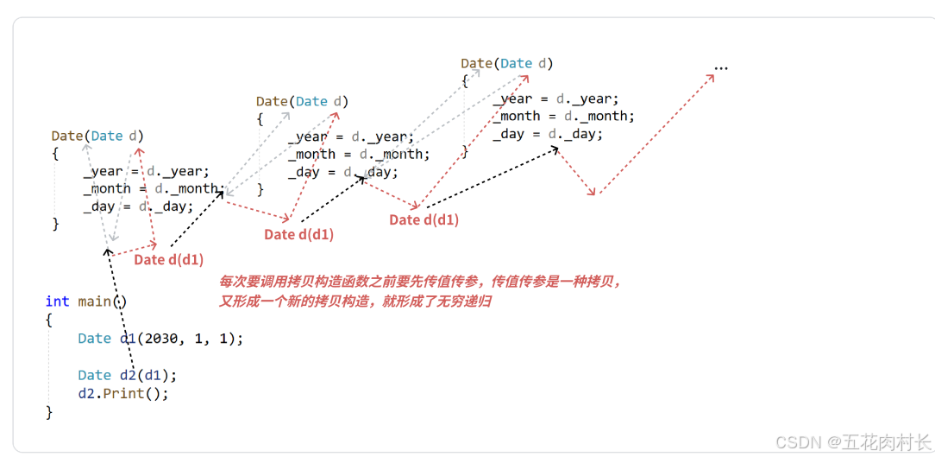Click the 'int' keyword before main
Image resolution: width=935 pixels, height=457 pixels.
(57, 301)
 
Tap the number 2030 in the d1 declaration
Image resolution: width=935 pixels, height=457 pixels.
(160, 339)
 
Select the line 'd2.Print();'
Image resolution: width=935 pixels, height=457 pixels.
(123, 393)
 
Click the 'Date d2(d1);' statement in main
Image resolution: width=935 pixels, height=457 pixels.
(127, 375)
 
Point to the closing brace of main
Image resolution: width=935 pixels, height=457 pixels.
(49, 412)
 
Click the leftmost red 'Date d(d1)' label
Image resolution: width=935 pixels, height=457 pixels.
(169, 259)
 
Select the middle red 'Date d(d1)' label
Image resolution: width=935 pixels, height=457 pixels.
(298, 234)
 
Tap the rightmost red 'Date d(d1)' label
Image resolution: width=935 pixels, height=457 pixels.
(424, 219)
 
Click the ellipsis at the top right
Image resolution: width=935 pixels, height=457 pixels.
(721, 67)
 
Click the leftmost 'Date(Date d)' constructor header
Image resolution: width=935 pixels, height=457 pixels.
(97, 136)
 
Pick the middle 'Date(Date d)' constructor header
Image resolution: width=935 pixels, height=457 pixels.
(302, 101)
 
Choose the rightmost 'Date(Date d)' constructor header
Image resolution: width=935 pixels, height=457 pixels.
(506, 63)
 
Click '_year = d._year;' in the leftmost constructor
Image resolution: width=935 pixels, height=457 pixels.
(146, 171)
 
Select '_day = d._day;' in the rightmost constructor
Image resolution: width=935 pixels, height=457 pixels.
(548, 134)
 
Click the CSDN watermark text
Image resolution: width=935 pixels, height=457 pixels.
(852, 441)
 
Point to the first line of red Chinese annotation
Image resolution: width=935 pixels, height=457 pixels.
(419, 282)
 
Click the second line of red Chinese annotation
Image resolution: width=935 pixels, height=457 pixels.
(355, 301)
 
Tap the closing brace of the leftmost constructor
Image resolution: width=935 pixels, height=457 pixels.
(56, 224)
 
